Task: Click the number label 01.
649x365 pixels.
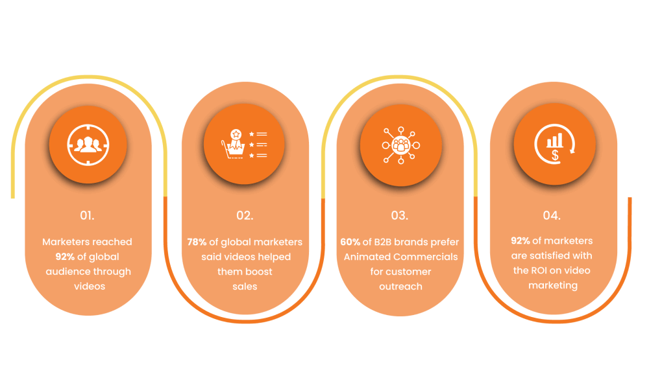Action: point(87,215)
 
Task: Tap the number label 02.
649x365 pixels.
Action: point(245,215)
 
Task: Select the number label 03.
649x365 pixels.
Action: point(399,215)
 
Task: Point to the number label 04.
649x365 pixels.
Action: point(552,215)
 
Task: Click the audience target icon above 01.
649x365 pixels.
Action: point(88,145)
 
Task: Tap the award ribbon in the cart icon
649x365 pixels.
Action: point(236,139)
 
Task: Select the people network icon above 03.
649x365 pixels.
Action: point(400,145)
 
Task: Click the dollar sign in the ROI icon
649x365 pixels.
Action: point(555,156)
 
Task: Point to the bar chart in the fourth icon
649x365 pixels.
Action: point(555,141)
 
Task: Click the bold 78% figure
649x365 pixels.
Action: point(197,242)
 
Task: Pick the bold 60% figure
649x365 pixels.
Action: point(350,242)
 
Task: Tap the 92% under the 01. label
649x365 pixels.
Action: point(65,257)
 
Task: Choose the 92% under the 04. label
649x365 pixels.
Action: point(520,241)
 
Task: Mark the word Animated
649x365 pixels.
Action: point(365,257)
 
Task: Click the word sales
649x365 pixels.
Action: point(245,287)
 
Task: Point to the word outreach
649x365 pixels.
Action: point(400,287)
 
